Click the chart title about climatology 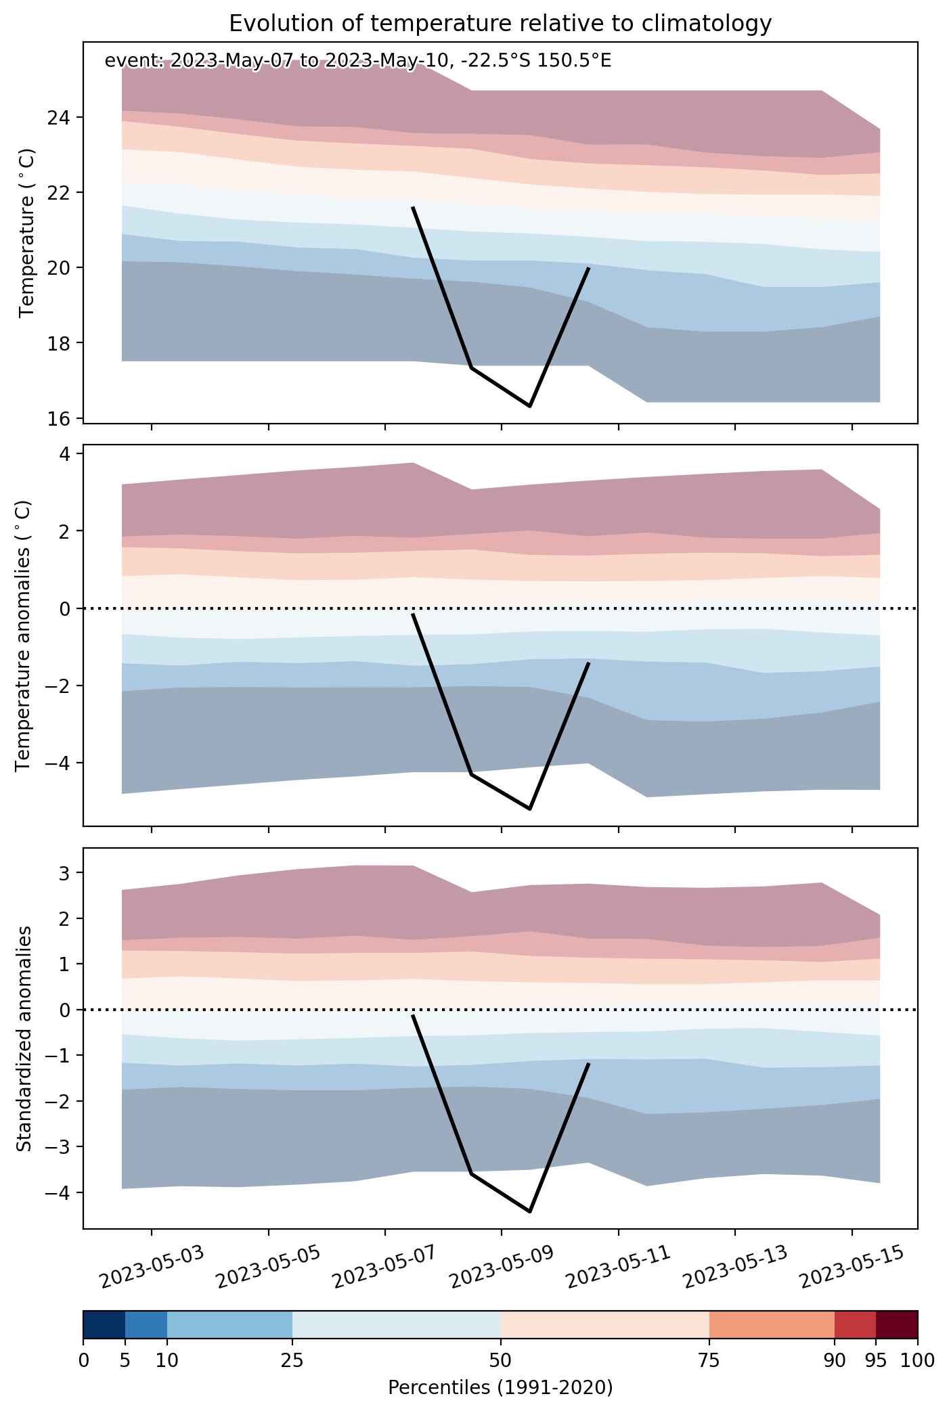pyautogui.click(x=500, y=24)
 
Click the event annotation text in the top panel pyautogui.click(x=358, y=61)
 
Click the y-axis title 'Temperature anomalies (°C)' pyautogui.click(x=24, y=635)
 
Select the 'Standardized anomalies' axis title pyautogui.click(x=24, y=1038)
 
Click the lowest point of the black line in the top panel pyautogui.click(x=529, y=406)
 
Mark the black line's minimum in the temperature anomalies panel pyautogui.click(x=529, y=809)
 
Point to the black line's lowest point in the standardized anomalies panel pyautogui.click(x=529, y=1211)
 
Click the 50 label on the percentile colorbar pyautogui.click(x=501, y=1360)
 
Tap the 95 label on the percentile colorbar pyautogui.click(x=876, y=1360)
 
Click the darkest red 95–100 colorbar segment pyautogui.click(x=897, y=1324)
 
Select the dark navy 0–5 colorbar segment pyautogui.click(x=104, y=1324)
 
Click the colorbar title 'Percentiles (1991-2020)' pyautogui.click(x=500, y=1388)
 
